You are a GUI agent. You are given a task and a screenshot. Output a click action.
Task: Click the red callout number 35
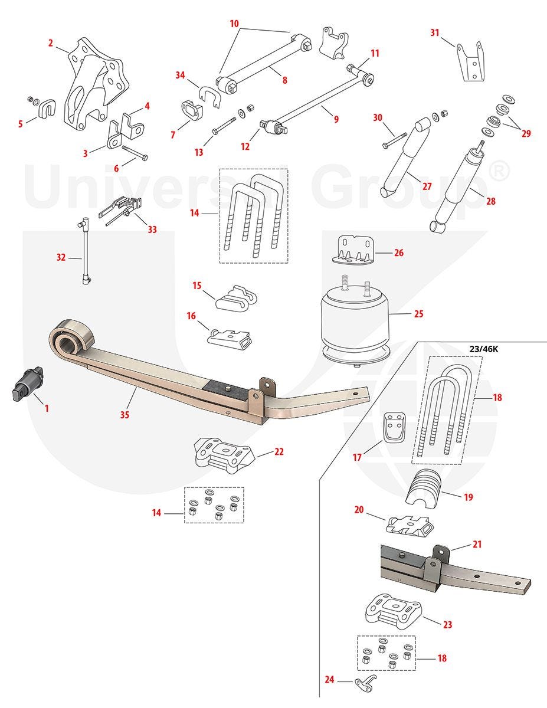click(125, 415)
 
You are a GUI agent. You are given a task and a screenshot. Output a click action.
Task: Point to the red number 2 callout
click(51, 43)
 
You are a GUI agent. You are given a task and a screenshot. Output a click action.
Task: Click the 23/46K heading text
click(483, 349)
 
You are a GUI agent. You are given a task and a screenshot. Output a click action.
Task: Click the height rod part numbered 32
click(86, 251)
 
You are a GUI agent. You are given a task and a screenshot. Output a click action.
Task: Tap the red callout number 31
click(435, 33)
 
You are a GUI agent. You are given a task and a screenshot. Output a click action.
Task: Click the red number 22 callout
click(279, 451)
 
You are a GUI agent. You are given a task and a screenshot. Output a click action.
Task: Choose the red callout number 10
click(234, 24)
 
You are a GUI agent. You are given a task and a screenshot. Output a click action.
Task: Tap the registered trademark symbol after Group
click(499, 172)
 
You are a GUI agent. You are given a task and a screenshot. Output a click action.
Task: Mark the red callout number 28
click(490, 201)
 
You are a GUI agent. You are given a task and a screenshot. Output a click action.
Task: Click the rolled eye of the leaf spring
click(71, 336)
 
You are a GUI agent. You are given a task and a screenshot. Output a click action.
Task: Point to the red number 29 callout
click(526, 133)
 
